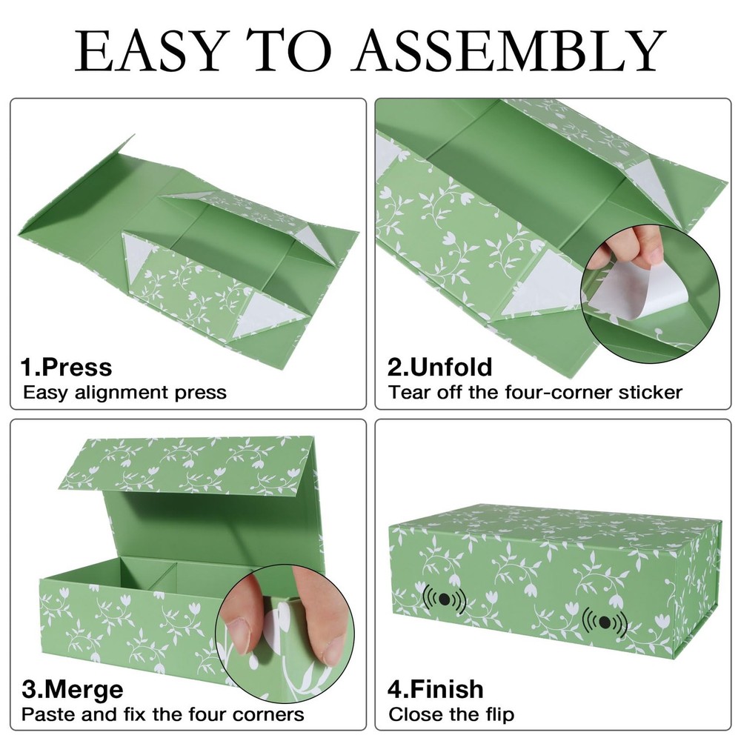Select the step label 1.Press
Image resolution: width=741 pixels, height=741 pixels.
66,368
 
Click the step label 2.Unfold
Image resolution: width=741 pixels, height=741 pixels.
440,368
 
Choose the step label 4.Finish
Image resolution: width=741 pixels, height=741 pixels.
436,689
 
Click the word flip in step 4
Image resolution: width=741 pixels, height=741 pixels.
497,714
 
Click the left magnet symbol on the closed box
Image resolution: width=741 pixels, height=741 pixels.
444,599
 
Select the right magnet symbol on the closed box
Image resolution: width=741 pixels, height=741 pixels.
605,622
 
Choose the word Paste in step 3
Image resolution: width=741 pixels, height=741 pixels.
48,714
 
